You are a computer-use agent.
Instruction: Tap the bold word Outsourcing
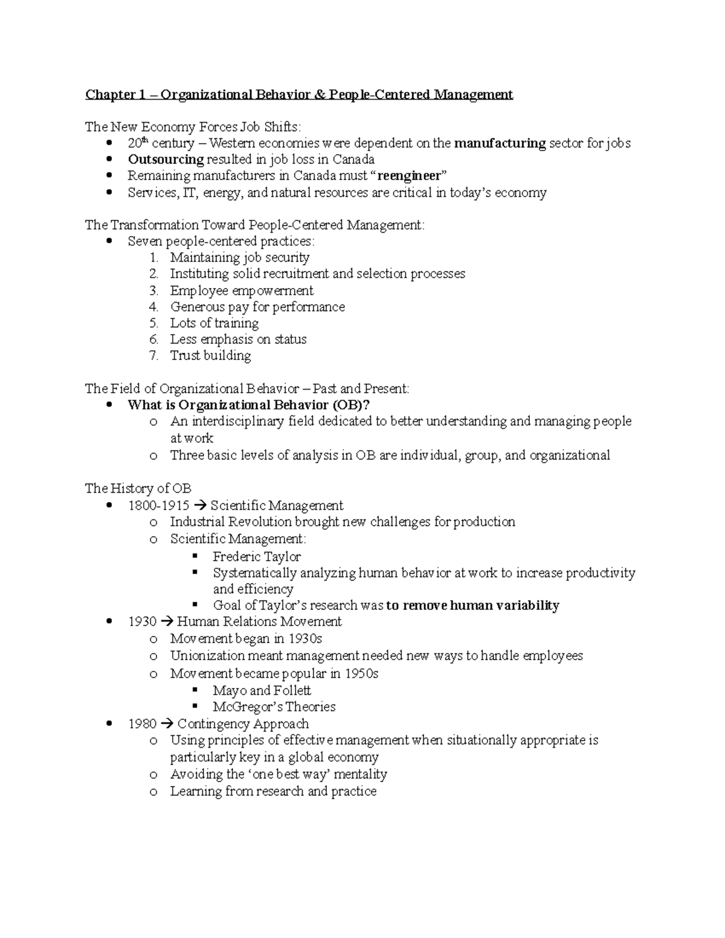(166, 159)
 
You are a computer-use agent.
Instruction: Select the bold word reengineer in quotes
(410, 176)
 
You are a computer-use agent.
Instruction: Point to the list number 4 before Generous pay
(154, 307)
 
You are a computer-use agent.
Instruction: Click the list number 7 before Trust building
(154, 356)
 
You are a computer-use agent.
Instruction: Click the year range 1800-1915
(158, 506)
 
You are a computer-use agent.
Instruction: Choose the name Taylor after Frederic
(282, 557)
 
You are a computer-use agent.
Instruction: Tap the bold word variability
(525, 606)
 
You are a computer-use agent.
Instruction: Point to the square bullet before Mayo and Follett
(195, 690)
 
